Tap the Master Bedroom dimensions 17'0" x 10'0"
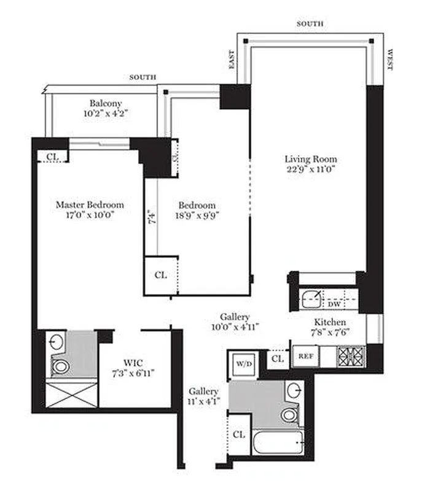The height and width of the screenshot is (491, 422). coord(90,215)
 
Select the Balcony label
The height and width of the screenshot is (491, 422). coord(106,103)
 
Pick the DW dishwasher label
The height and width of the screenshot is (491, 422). coord(334,304)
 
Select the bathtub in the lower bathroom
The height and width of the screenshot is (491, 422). coord(278,441)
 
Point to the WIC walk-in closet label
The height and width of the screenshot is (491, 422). coord(133,363)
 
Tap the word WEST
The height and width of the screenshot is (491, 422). coord(390,60)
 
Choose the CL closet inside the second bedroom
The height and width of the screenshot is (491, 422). coord(160,275)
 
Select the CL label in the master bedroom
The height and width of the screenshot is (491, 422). coord(53,157)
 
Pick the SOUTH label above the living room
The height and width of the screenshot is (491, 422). coord(310,24)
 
